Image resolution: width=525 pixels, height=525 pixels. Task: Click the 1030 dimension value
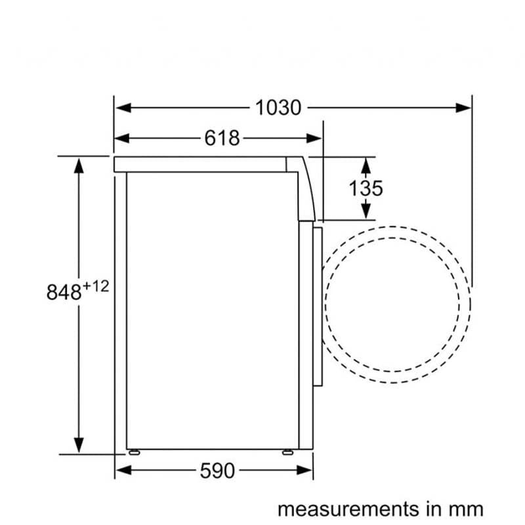[278, 108]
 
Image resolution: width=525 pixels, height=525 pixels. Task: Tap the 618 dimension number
[222, 138]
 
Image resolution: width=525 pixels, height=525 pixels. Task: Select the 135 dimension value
[366, 188]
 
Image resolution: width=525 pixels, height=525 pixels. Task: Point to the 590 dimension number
[217, 471]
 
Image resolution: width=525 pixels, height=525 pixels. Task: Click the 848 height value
[64, 292]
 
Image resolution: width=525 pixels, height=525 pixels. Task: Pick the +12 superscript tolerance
[96, 287]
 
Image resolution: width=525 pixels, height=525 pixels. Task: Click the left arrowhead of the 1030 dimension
[123, 108]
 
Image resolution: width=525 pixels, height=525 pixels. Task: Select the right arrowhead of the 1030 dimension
[463, 108]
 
